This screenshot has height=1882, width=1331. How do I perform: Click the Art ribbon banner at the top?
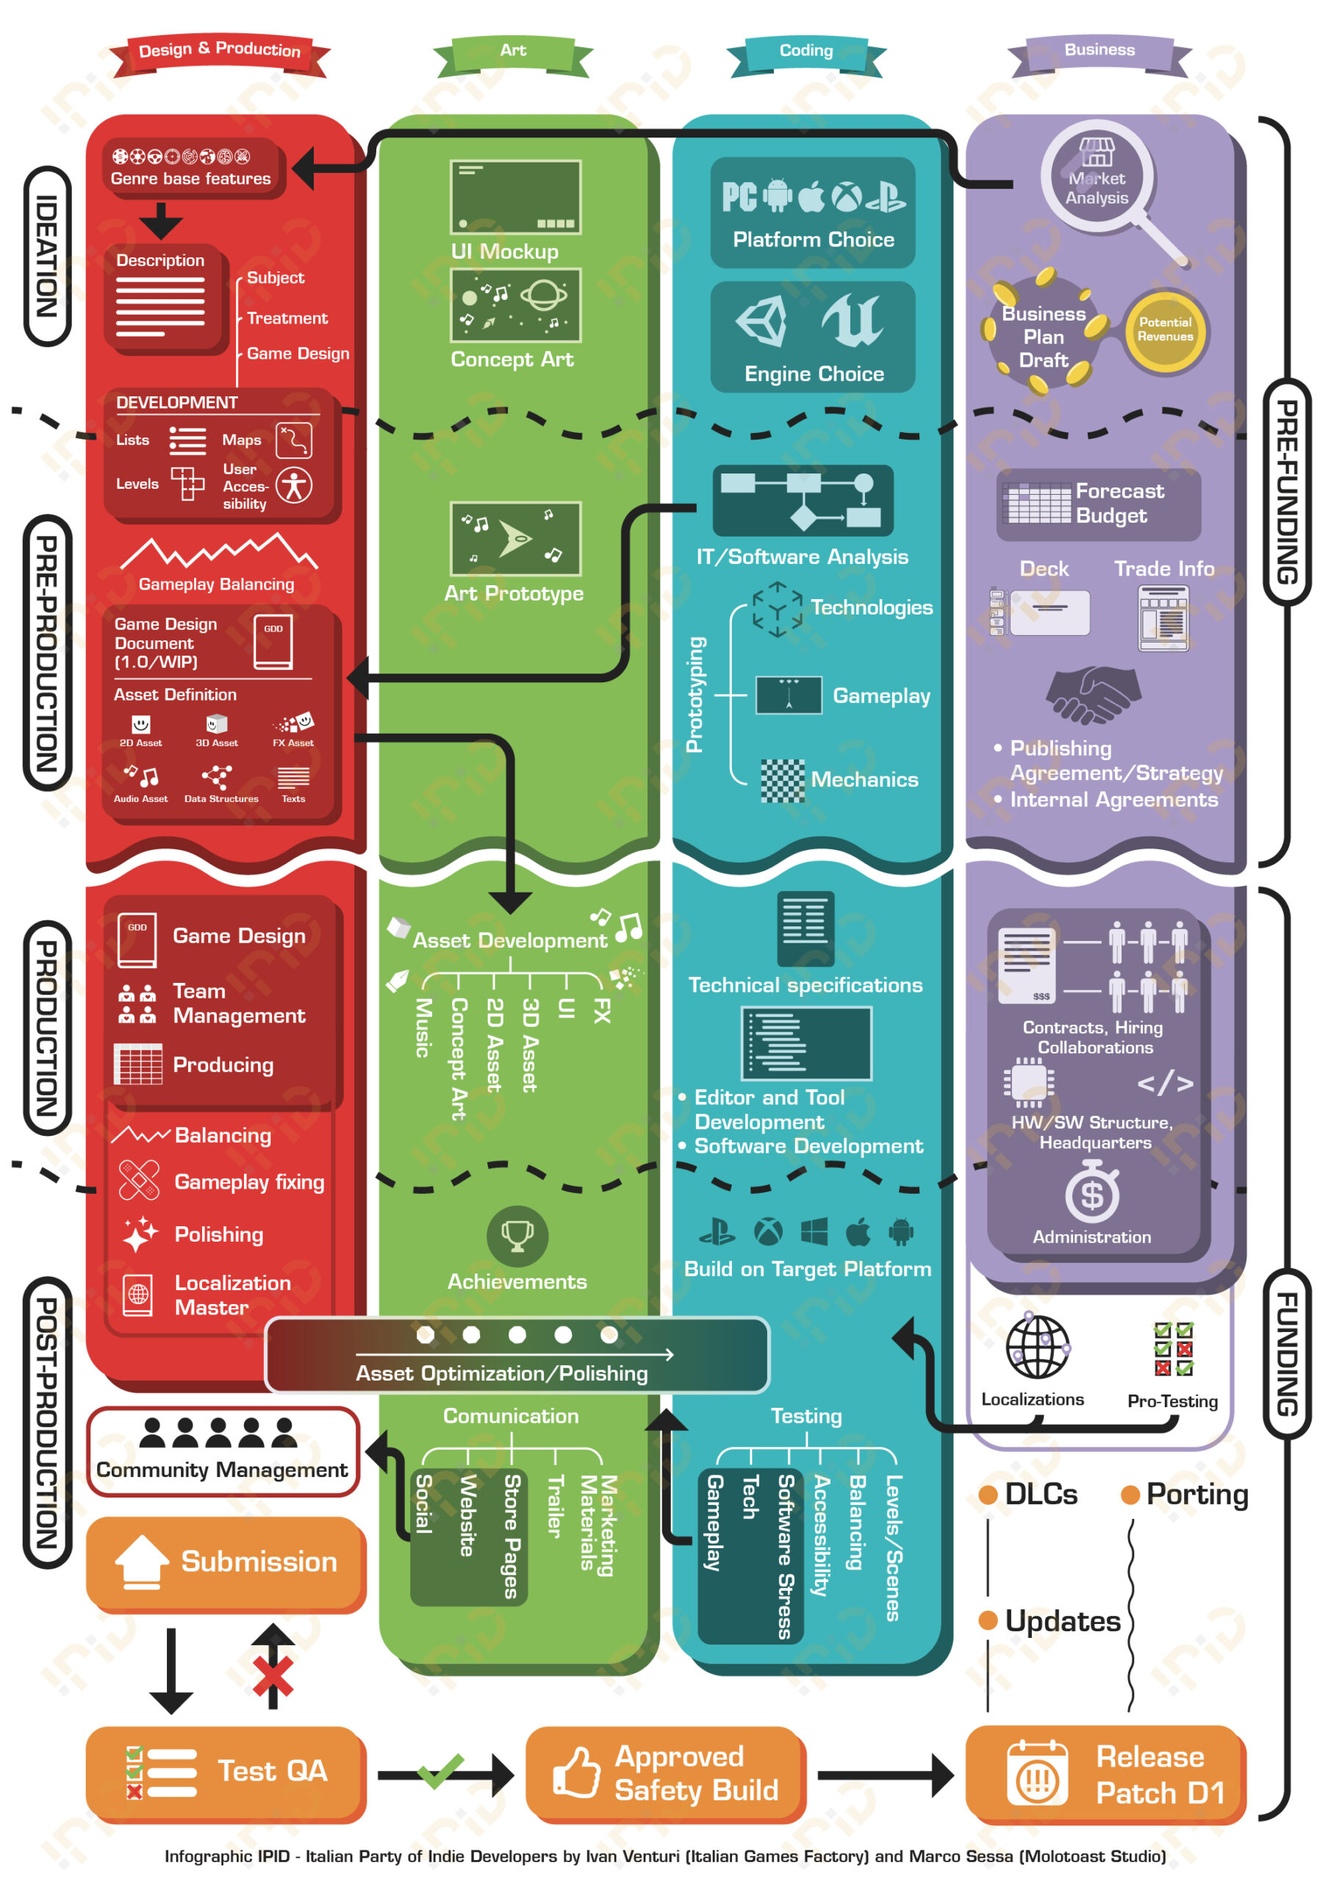(513, 51)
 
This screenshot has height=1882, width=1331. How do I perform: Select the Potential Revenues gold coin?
(1165, 329)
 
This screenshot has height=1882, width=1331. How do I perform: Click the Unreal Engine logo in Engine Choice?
(853, 320)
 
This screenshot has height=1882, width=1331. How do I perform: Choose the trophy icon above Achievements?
(517, 1234)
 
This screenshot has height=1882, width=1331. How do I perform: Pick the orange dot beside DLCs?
(988, 1495)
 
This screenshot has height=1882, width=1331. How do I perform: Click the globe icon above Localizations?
(1038, 1347)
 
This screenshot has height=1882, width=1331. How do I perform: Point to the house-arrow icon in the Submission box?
(141, 1561)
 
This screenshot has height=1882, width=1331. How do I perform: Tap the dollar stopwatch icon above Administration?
(1091, 1192)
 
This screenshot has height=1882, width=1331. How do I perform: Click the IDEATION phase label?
(48, 257)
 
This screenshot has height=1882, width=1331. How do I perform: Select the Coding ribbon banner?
(806, 51)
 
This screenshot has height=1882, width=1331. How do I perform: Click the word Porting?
(1197, 1495)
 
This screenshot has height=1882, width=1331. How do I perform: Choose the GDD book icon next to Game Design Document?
(273, 641)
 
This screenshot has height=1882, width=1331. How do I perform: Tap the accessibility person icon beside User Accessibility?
(294, 485)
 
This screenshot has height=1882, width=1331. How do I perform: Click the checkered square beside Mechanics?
(782, 780)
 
